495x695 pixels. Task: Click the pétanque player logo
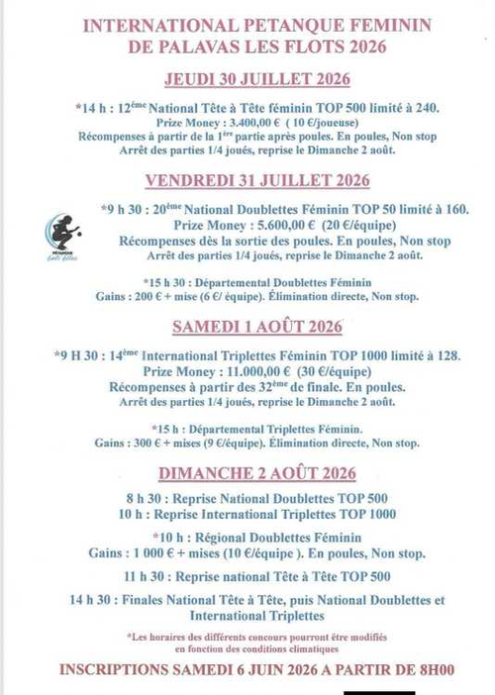coord(63,235)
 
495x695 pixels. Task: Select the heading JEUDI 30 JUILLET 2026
coord(257,80)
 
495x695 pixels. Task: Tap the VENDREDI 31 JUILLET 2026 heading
coord(257,180)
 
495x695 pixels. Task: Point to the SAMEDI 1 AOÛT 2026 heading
coord(257,327)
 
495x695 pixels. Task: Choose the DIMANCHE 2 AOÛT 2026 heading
coord(257,473)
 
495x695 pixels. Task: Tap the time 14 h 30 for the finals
coord(91,600)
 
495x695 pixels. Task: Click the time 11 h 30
coord(145,576)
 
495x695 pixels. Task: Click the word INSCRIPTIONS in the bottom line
coord(120,670)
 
